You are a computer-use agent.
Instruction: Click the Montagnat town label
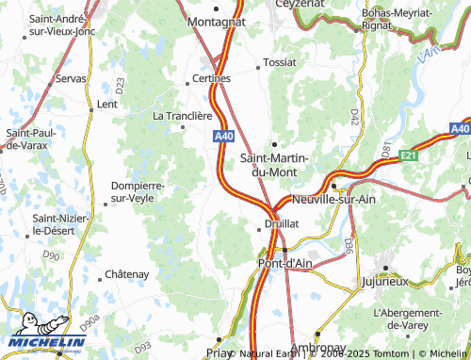coord(217,20)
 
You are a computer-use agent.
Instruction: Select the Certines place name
coord(211,78)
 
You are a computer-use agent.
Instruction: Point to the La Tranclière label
coord(183,116)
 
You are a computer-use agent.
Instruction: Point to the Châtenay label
coord(127,273)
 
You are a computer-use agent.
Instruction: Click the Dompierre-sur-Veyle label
coord(138,192)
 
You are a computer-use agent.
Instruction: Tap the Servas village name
coord(71,80)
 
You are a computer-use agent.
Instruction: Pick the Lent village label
coord(106,104)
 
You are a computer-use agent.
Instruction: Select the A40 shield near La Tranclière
coord(223,137)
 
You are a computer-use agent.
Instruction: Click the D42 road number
coord(355,116)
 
